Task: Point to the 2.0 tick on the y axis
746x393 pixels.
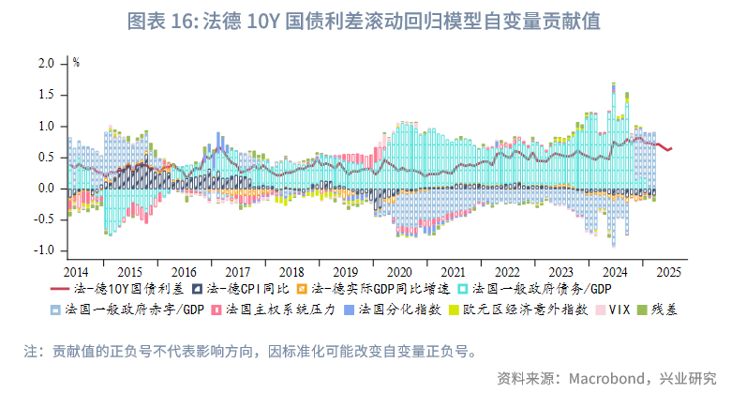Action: (46, 64)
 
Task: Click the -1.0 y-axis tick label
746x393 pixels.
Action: (44, 251)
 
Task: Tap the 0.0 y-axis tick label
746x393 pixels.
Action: (46, 189)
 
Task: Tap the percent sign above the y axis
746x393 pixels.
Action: (76, 63)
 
